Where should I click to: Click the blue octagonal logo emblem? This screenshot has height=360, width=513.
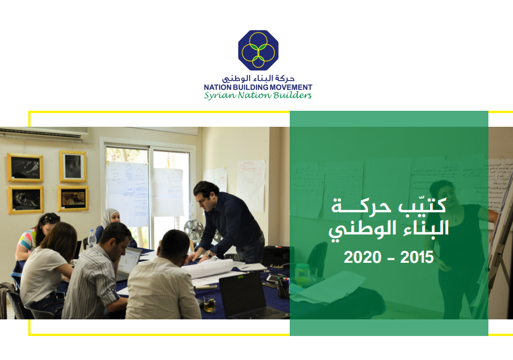tap(258, 50)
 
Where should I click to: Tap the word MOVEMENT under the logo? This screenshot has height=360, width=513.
tap(291, 87)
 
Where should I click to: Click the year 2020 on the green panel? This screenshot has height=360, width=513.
tap(362, 257)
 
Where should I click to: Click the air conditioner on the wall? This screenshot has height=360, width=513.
tap(44, 134)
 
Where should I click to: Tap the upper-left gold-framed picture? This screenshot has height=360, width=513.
tap(25, 167)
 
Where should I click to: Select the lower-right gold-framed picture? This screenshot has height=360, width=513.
tap(73, 199)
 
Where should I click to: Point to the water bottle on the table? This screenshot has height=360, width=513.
tap(92, 239)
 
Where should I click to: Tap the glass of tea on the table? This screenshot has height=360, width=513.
tap(209, 304)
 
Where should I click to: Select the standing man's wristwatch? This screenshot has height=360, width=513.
tap(207, 254)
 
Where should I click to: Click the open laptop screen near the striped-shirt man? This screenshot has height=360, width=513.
tap(129, 261)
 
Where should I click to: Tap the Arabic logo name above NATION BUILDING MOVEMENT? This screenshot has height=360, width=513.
tap(258, 79)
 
